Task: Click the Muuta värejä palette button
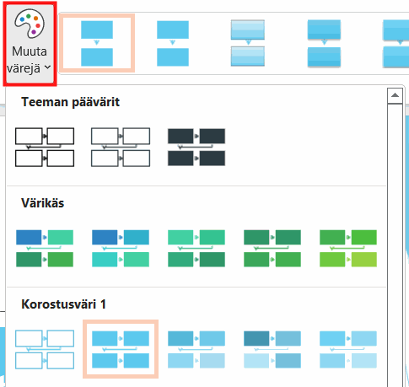coord(30,44)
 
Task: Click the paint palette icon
coord(30,23)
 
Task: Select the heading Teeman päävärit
coord(70,102)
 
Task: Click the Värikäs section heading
coord(43,203)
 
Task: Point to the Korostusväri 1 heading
coord(63,304)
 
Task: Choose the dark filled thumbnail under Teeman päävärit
coord(196,148)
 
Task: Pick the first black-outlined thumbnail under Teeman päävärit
coord(45,148)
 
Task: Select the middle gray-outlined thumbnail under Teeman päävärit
coord(121,148)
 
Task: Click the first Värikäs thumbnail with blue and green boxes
coord(45,249)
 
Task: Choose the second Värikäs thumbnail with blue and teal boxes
coord(121,249)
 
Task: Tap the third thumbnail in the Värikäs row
coord(196,249)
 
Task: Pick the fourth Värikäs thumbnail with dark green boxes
coord(272,249)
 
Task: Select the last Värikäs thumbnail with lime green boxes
coord(348,249)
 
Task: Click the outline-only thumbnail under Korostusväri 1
coord(45,350)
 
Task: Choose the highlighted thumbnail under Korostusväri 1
coord(121,349)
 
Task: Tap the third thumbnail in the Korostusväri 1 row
coord(196,350)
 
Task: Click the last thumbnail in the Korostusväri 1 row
coord(348,350)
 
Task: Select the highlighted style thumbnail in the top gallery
coord(97,43)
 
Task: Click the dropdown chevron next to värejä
coord(48,67)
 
